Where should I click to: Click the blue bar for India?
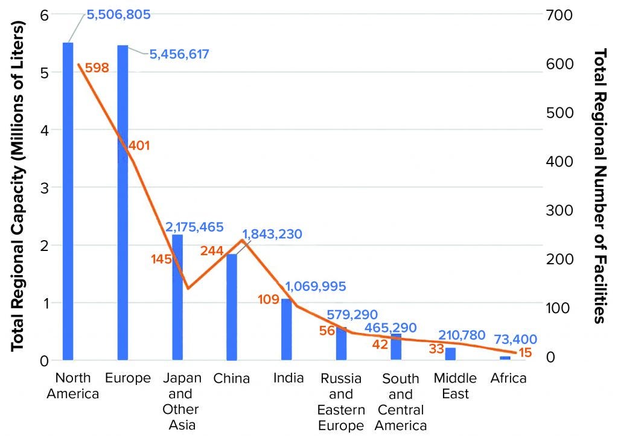click(287, 329)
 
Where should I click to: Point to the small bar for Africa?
click(505, 358)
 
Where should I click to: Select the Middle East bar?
click(451, 354)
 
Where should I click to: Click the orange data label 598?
click(97, 68)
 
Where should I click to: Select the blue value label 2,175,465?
click(194, 227)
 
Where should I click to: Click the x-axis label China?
click(231, 379)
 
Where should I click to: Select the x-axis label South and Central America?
click(401, 402)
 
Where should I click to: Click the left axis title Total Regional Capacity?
click(18, 187)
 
